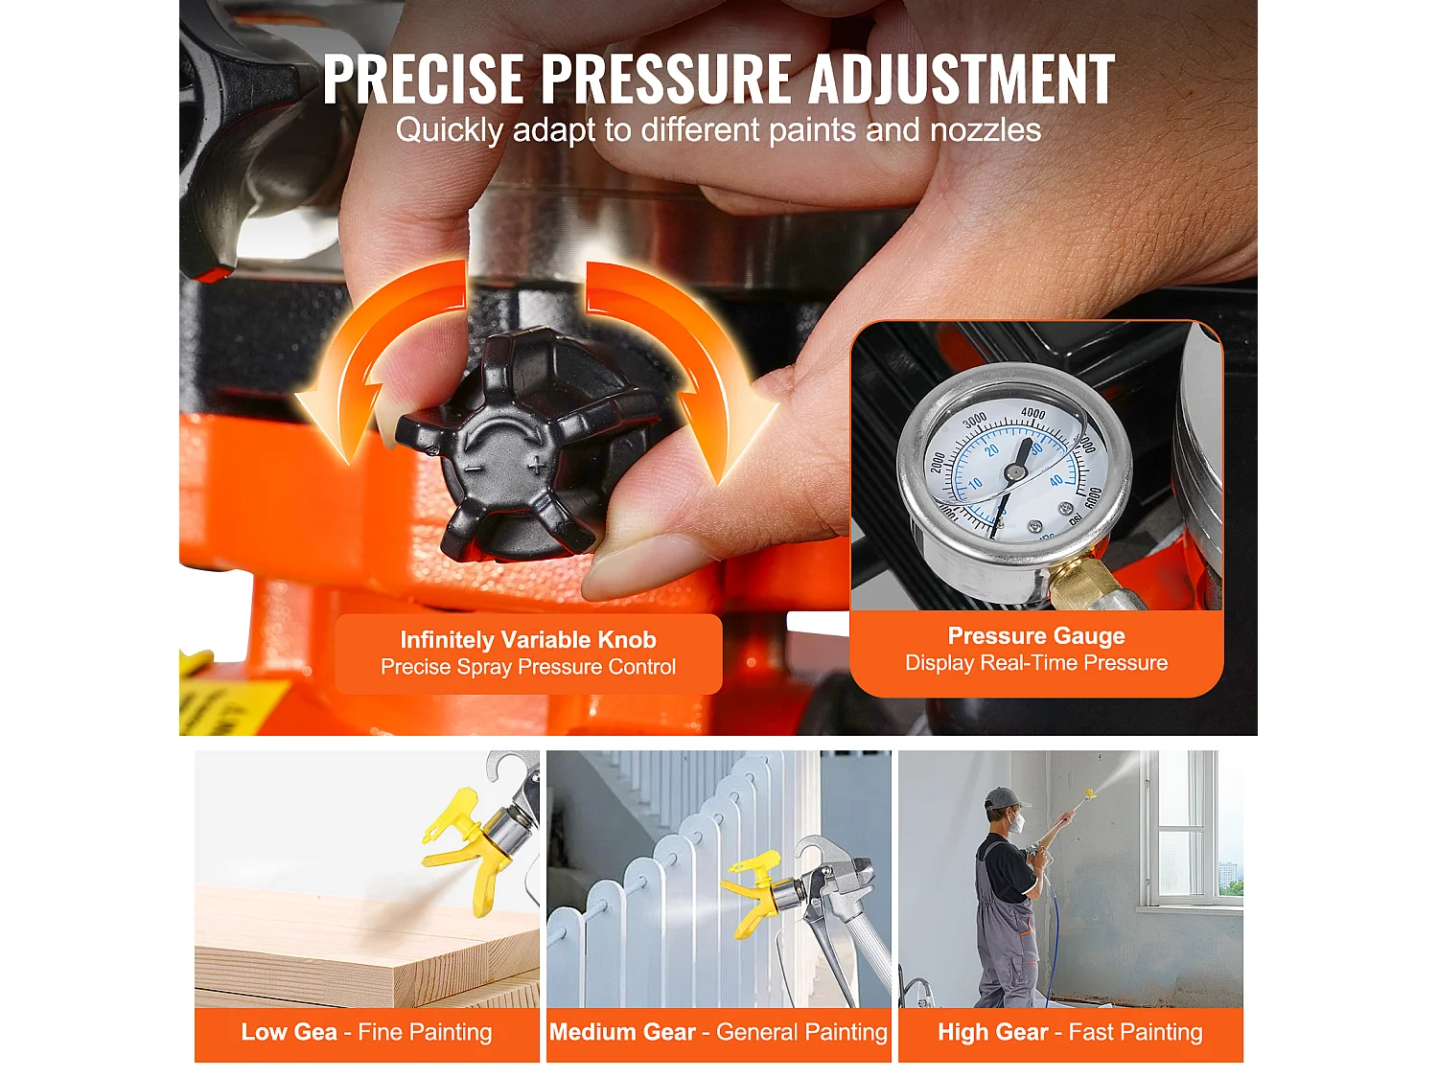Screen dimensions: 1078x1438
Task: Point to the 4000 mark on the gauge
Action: coord(1032,414)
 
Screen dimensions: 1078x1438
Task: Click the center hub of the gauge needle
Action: coord(1012,471)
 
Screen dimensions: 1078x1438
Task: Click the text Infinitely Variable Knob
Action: coord(528,640)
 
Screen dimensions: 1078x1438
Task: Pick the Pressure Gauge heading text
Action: coord(1036,636)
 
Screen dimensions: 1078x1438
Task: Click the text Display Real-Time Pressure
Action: coord(1036,663)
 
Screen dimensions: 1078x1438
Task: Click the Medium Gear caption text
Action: coord(622,1032)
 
